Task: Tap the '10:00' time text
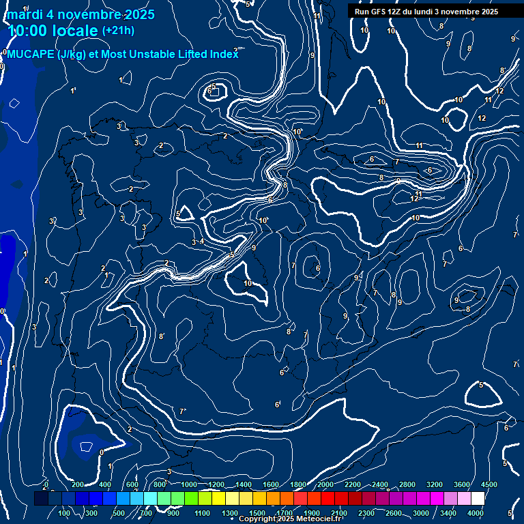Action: pyautogui.click(x=29, y=31)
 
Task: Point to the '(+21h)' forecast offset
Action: pyautogui.click(x=118, y=31)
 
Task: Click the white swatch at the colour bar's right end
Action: pyautogui.click(x=478, y=498)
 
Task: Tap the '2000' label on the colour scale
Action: pyautogui.click(x=325, y=484)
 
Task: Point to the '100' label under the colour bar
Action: pyautogui.click(x=65, y=513)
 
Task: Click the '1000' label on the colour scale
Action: pyautogui.click(x=189, y=484)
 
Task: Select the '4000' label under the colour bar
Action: pyautogui.click(x=476, y=513)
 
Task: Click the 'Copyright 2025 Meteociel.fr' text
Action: pyautogui.click(x=290, y=519)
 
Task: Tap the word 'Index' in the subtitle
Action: pyautogui.click(x=224, y=55)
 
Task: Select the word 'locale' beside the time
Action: pyautogui.click(x=75, y=31)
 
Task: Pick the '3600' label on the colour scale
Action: pyautogui.click(x=462, y=484)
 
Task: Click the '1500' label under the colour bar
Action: pyautogui.click(x=257, y=513)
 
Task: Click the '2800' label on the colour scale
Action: pyautogui.click(x=407, y=484)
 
